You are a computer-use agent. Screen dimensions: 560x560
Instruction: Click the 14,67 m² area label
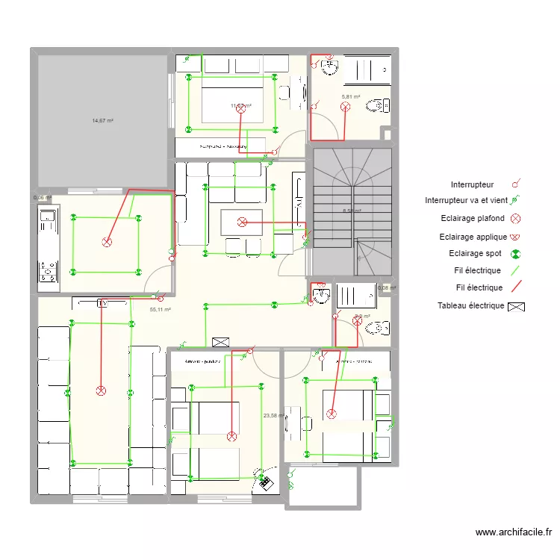click(x=102, y=120)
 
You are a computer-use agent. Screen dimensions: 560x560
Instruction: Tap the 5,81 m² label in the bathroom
click(x=351, y=97)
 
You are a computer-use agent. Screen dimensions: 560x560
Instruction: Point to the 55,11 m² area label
click(x=161, y=309)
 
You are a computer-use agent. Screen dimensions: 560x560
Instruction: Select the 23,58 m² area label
click(x=273, y=416)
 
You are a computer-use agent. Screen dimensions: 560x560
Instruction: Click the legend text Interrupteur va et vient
click(x=466, y=201)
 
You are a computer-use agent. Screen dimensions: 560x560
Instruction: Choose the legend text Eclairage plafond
click(x=473, y=219)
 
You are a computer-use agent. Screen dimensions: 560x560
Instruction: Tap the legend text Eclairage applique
click(x=473, y=237)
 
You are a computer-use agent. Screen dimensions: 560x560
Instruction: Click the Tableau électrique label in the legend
click(x=470, y=306)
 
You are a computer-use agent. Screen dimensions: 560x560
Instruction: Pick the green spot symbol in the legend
click(x=515, y=254)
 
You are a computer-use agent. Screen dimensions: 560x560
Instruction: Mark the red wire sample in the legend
click(x=515, y=287)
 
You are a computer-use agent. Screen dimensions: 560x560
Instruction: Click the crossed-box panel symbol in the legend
click(x=516, y=306)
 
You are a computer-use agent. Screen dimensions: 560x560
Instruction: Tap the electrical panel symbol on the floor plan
click(x=220, y=342)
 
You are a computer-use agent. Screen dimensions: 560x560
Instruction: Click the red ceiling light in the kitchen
click(x=106, y=242)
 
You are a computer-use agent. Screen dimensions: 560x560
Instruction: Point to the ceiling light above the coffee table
click(x=241, y=222)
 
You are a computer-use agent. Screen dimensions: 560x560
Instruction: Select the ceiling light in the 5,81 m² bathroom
click(x=345, y=107)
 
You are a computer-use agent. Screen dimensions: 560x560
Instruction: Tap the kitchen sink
click(x=48, y=222)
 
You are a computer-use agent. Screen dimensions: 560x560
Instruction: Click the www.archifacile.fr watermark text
click(x=514, y=532)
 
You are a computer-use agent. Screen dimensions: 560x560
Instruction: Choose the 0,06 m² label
click(x=42, y=198)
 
